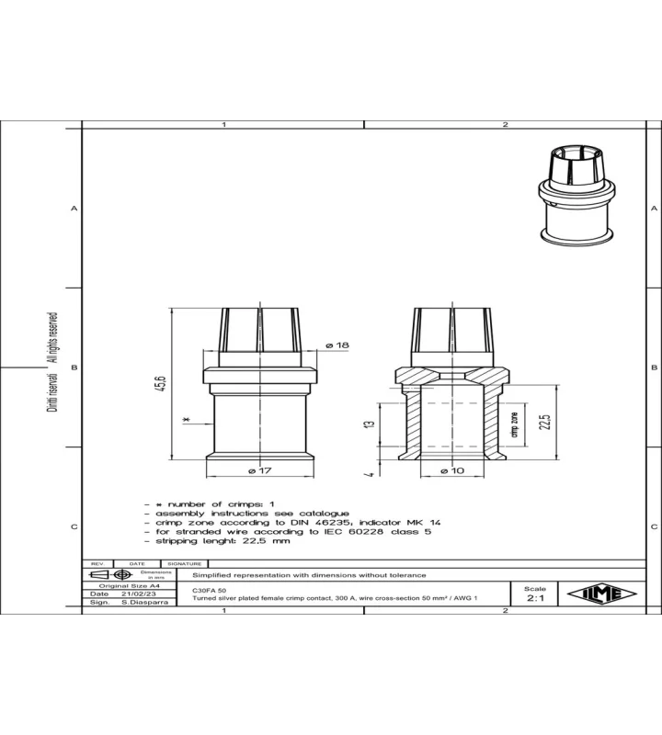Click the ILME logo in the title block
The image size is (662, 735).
click(601, 594)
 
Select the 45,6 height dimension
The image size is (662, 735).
click(161, 383)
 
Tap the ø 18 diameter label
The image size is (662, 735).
click(337, 345)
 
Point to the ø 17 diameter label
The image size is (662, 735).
click(260, 470)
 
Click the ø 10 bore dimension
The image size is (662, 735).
click(452, 470)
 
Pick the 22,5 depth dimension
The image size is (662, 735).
click(544, 422)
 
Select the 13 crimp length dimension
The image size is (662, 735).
click(371, 424)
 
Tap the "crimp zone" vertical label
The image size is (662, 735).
click(515, 424)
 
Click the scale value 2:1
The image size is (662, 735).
click(535, 598)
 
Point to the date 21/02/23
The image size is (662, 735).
click(139, 594)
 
